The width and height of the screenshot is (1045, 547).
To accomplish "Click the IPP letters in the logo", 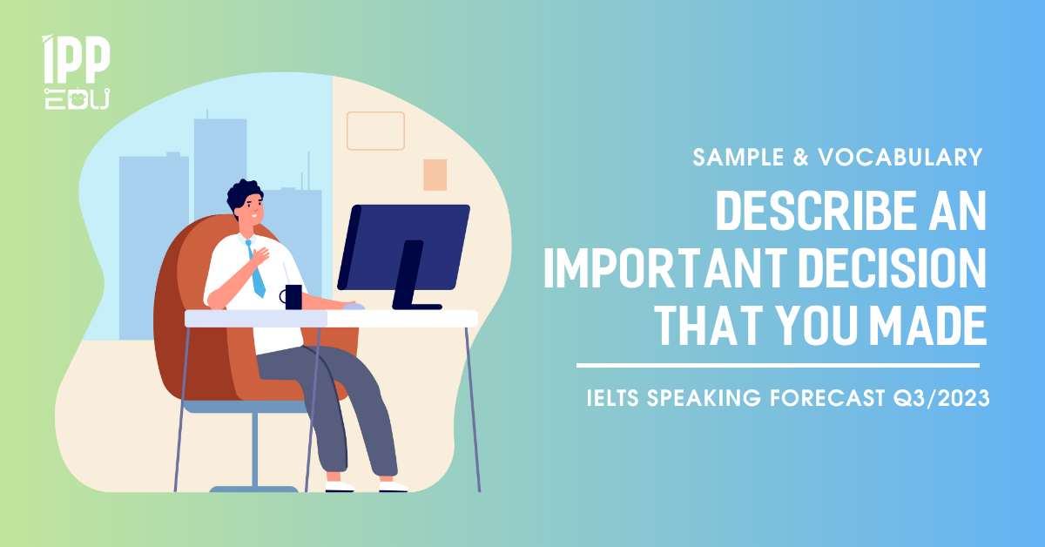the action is [x=76, y=59].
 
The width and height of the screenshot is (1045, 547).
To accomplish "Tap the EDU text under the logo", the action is [x=77, y=98].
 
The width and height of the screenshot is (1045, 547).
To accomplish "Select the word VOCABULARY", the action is [x=900, y=158].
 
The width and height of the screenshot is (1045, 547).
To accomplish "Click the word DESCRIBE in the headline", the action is [x=817, y=211].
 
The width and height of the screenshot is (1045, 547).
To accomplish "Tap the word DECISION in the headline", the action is [x=893, y=268].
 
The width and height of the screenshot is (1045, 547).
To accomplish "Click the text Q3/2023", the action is [x=941, y=398].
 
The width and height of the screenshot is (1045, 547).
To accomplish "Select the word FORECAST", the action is [x=827, y=398].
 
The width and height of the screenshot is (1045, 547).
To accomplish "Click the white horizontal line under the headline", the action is [x=778, y=366].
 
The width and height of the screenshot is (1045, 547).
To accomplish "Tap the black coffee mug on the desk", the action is [x=292, y=297].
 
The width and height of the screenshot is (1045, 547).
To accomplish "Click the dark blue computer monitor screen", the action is [x=403, y=247].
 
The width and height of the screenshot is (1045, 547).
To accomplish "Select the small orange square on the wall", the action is [x=435, y=175].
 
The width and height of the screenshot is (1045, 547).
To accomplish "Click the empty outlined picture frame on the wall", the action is [x=375, y=112].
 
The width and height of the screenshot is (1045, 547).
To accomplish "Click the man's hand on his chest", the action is [x=260, y=255].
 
